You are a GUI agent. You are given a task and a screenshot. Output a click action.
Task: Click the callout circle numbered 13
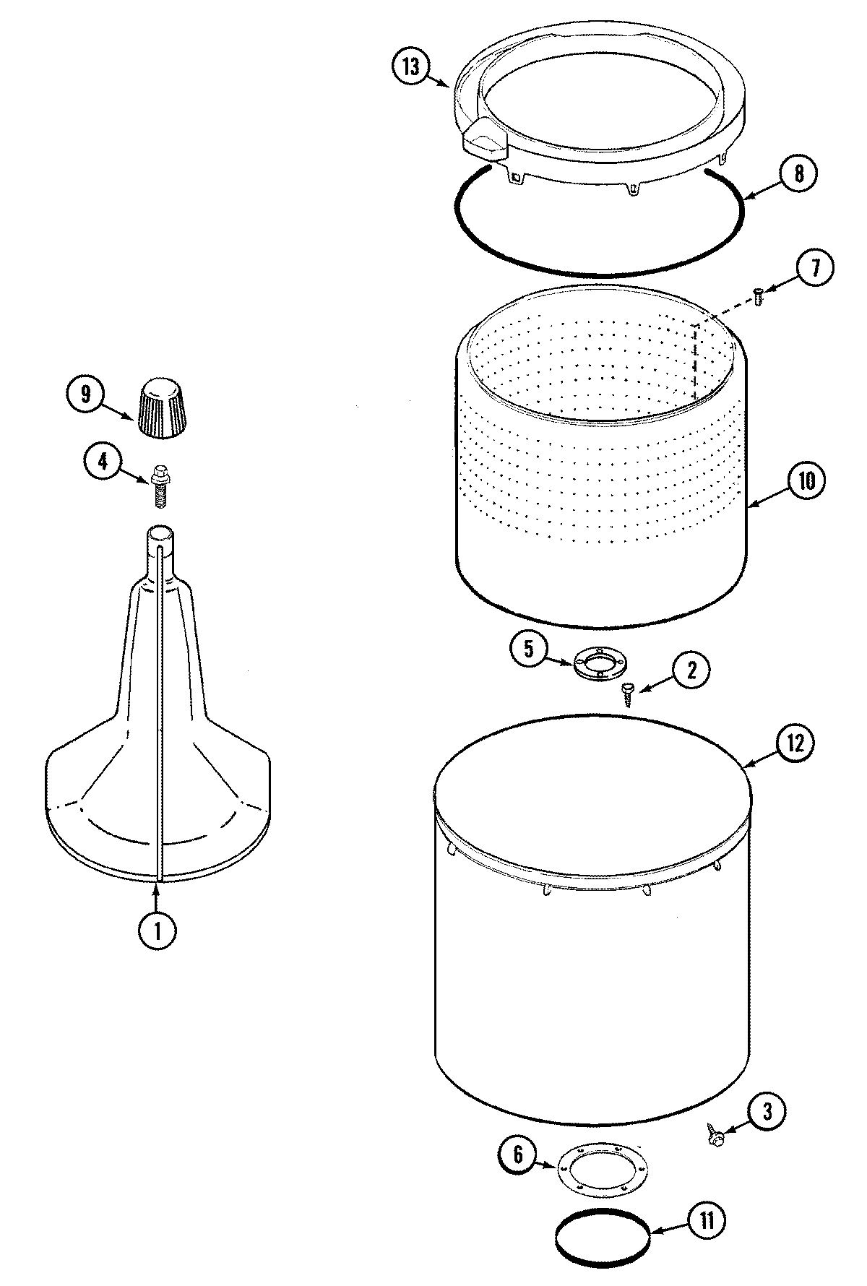pos(410,66)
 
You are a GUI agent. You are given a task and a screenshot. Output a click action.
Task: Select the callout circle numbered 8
pos(797,174)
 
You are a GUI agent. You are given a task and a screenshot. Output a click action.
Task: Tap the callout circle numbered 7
pos(815,269)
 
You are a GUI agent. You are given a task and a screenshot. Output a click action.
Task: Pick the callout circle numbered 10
pos(806,480)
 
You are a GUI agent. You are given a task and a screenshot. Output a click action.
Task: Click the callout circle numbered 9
pos(86,394)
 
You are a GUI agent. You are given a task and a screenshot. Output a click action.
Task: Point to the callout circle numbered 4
pos(103,461)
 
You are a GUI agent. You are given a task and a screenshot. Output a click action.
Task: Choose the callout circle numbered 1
pos(157,931)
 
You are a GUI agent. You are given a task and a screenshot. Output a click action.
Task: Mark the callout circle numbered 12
pos(795,744)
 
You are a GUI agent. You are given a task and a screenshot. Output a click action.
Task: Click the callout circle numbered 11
pos(706,1220)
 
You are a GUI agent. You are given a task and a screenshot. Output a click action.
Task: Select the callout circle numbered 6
pos(519,1154)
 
